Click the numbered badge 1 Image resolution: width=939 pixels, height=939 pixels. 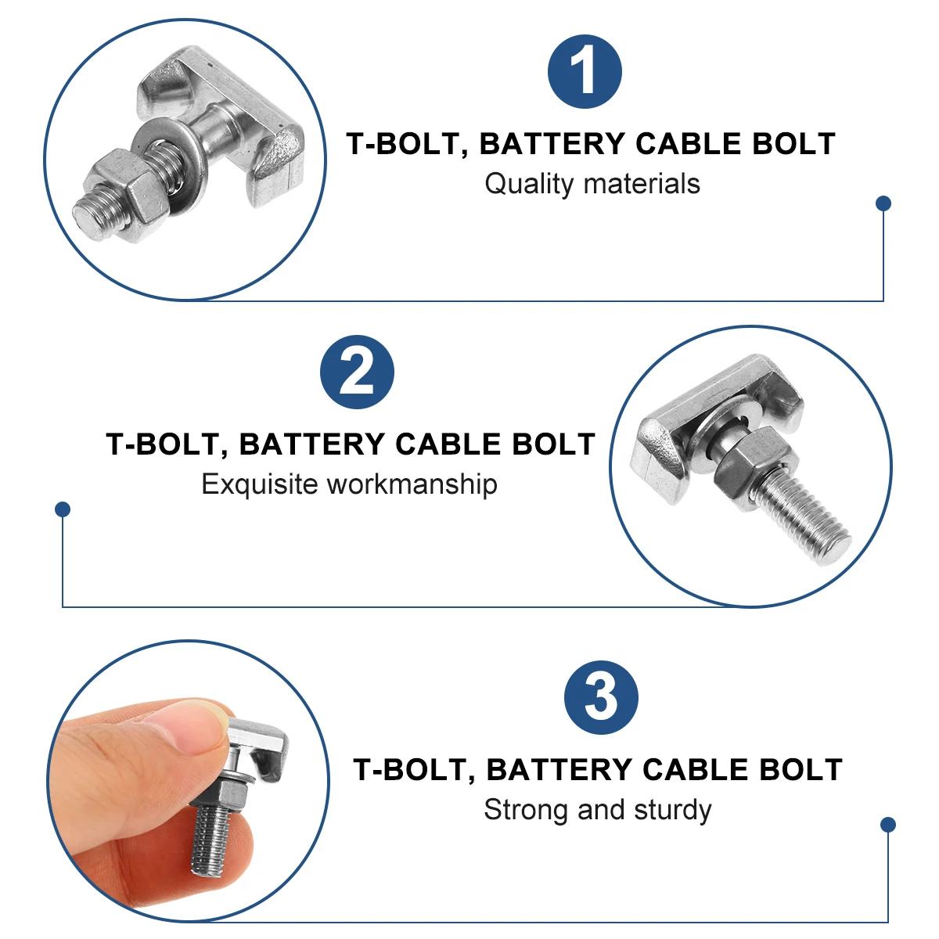tap(585, 72)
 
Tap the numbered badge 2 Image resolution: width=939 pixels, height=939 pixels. tap(357, 372)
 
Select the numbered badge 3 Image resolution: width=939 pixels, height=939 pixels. tap(601, 697)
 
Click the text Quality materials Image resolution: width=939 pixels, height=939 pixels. tap(592, 184)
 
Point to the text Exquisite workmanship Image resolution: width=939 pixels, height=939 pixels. tap(349, 484)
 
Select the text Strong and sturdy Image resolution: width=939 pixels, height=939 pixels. tap(597, 810)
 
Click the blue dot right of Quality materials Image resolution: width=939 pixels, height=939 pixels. tap(883, 203)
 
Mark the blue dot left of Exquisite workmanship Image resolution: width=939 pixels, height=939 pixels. tap(63, 509)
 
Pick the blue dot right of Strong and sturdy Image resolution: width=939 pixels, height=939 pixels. tap(887, 825)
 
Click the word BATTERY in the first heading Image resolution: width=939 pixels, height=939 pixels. tap(552, 144)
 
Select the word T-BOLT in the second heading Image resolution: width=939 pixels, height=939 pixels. tap(159, 444)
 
